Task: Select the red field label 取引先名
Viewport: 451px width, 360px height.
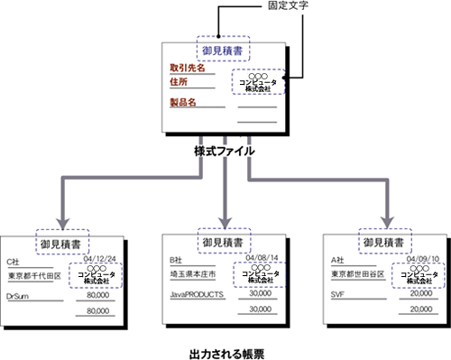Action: pyautogui.click(x=188, y=68)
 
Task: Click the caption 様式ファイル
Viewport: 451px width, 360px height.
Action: pyautogui.click(x=225, y=150)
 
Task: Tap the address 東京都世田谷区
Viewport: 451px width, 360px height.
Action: pyautogui.click(x=358, y=274)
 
